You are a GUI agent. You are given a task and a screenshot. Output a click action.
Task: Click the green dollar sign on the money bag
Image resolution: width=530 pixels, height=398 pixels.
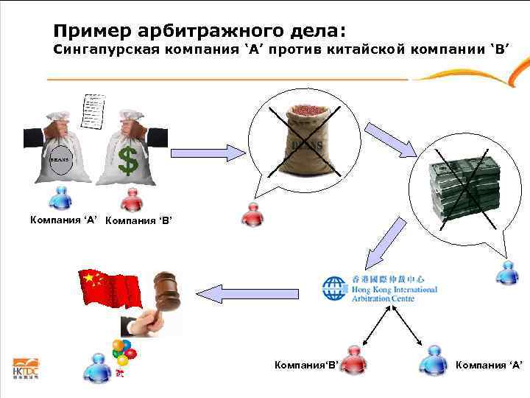128,159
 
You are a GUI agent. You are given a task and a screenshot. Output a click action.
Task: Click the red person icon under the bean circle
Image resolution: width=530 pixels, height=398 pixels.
252,214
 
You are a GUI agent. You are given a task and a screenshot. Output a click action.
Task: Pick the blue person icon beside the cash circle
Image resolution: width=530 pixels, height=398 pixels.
507,272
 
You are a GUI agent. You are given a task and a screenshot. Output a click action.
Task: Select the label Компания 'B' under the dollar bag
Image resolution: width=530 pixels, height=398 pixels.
138,220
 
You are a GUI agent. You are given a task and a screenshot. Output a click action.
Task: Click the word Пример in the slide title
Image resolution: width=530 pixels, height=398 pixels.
91,31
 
